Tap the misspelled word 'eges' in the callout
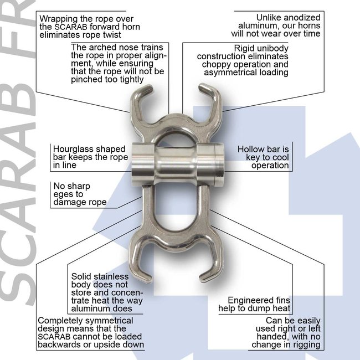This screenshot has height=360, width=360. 63,194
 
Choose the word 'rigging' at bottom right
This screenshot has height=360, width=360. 306,344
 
